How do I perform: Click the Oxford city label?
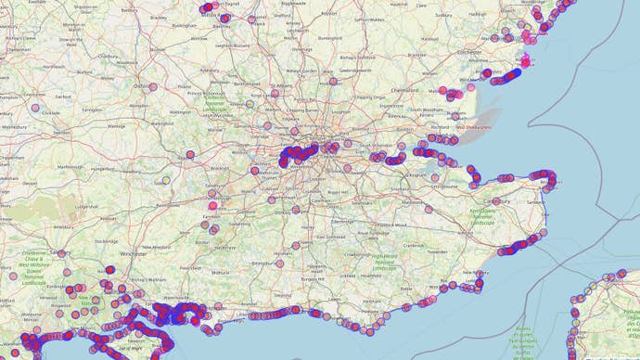tap(141, 86)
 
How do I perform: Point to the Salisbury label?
tap(62, 251)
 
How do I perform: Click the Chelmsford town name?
tap(405, 90)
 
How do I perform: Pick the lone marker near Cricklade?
tap(36, 108)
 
